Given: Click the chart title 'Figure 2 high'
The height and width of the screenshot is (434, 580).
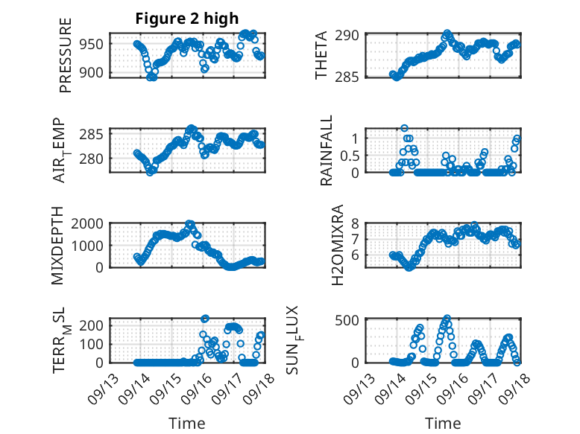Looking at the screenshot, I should tap(186, 19).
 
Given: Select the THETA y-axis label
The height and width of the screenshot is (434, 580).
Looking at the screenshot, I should tap(321, 56).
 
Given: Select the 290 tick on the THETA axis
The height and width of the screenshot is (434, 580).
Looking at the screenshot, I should tap(351, 35).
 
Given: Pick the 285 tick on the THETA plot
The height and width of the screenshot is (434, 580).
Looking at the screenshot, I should tap(351, 77).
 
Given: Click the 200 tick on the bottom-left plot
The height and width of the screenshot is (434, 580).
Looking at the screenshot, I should tap(93, 325).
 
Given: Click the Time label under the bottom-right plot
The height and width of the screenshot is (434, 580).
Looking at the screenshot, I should tap(443, 424).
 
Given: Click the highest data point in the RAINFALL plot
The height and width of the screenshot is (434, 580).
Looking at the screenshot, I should tap(404, 128).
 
